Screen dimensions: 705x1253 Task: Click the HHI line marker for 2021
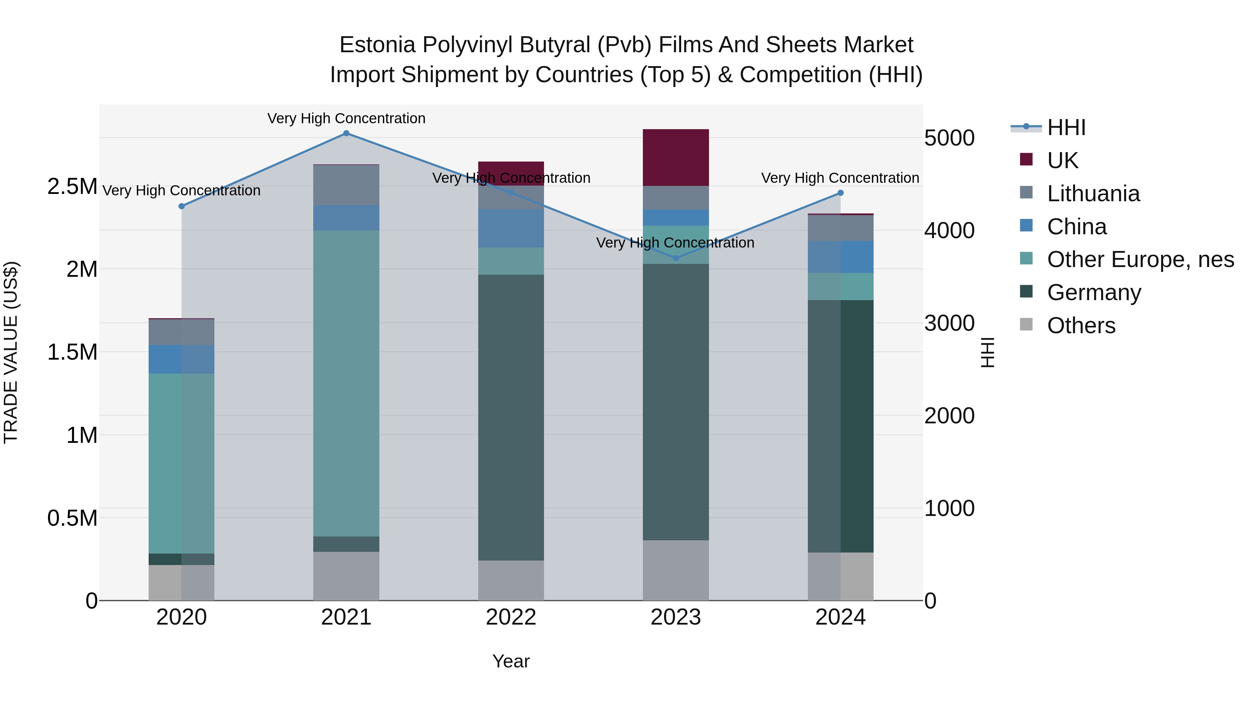(346, 133)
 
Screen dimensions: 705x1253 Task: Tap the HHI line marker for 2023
(676, 258)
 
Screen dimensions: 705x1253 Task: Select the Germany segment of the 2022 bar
(511, 417)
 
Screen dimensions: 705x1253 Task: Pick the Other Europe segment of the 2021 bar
(346, 383)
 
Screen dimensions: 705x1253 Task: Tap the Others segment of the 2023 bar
(676, 570)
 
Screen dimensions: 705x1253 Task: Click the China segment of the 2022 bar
(511, 229)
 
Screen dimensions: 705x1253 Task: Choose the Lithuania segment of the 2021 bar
(346, 185)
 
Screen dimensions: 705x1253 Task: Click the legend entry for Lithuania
(1093, 194)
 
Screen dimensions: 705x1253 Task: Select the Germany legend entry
(1094, 293)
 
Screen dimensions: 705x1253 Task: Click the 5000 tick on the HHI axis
(949, 138)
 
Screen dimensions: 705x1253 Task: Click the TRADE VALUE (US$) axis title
(11, 352)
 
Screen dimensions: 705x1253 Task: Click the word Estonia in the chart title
(377, 45)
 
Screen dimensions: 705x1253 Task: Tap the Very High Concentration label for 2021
(346, 119)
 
